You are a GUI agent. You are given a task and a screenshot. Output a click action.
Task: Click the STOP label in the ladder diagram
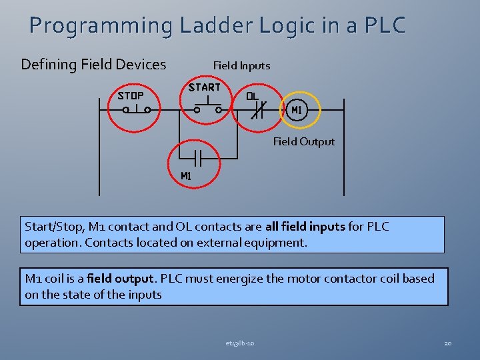[131, 95]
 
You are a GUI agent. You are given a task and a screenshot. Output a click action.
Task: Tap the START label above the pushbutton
[205, 87]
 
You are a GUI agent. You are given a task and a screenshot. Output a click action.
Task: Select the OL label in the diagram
[252, 95]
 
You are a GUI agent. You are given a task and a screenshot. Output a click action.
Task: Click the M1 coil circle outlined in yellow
[297, 109]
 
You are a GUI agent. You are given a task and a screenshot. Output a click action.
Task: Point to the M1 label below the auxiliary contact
[187, 176]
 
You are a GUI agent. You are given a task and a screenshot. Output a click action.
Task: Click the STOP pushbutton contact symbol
[136, 108]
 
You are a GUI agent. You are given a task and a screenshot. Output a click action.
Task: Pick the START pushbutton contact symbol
[207, 107]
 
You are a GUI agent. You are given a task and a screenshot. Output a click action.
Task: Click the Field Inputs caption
[241, 65]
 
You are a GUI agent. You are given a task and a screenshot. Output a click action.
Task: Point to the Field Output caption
[304, 141]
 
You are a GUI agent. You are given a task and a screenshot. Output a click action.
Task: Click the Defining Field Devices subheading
[93, 65]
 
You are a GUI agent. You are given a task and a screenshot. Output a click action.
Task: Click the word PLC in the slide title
[385, 25]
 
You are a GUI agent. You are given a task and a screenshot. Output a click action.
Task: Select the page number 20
[448, 343]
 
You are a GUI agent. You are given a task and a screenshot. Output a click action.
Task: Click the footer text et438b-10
[239, 343]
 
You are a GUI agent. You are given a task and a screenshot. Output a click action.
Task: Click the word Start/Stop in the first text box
[54, 227]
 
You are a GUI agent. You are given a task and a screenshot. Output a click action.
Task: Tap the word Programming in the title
[100, 25]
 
